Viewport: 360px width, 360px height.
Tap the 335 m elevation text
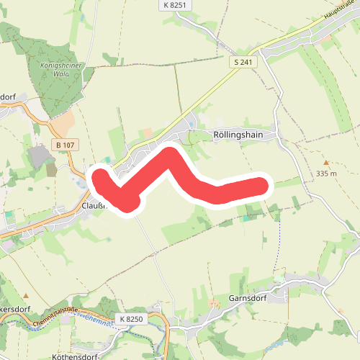326,174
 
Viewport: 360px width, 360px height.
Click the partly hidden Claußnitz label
94,205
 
